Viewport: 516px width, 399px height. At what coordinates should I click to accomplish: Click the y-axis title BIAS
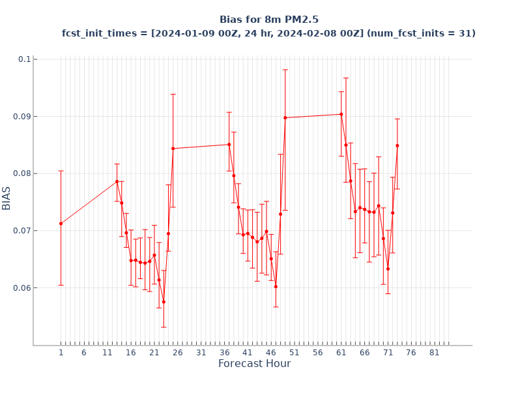tap(7, 198)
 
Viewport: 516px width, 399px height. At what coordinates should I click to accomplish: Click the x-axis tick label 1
tap(61, 353)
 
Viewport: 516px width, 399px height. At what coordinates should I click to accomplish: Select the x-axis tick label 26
tap(178, 353)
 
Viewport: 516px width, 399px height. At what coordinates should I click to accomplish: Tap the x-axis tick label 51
tap(294, 353)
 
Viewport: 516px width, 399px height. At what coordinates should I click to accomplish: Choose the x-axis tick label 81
tap(435, 353)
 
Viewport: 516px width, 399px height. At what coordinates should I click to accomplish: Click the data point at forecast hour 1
tap(61, 224)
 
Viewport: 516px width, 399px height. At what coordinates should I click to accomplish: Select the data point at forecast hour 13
tap(117, 181)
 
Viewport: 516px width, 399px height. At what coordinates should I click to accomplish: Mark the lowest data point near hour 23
tap(164, 302)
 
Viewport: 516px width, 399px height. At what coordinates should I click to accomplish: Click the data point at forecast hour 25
tap(173, 149)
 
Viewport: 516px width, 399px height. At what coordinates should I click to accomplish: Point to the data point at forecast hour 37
tap(229, 145)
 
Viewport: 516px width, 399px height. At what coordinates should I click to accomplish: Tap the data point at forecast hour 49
tap(285, 117)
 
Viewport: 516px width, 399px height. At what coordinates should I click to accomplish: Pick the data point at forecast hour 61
tap(341, 114)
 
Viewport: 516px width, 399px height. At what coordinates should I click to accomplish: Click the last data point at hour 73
tap(397, 145)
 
